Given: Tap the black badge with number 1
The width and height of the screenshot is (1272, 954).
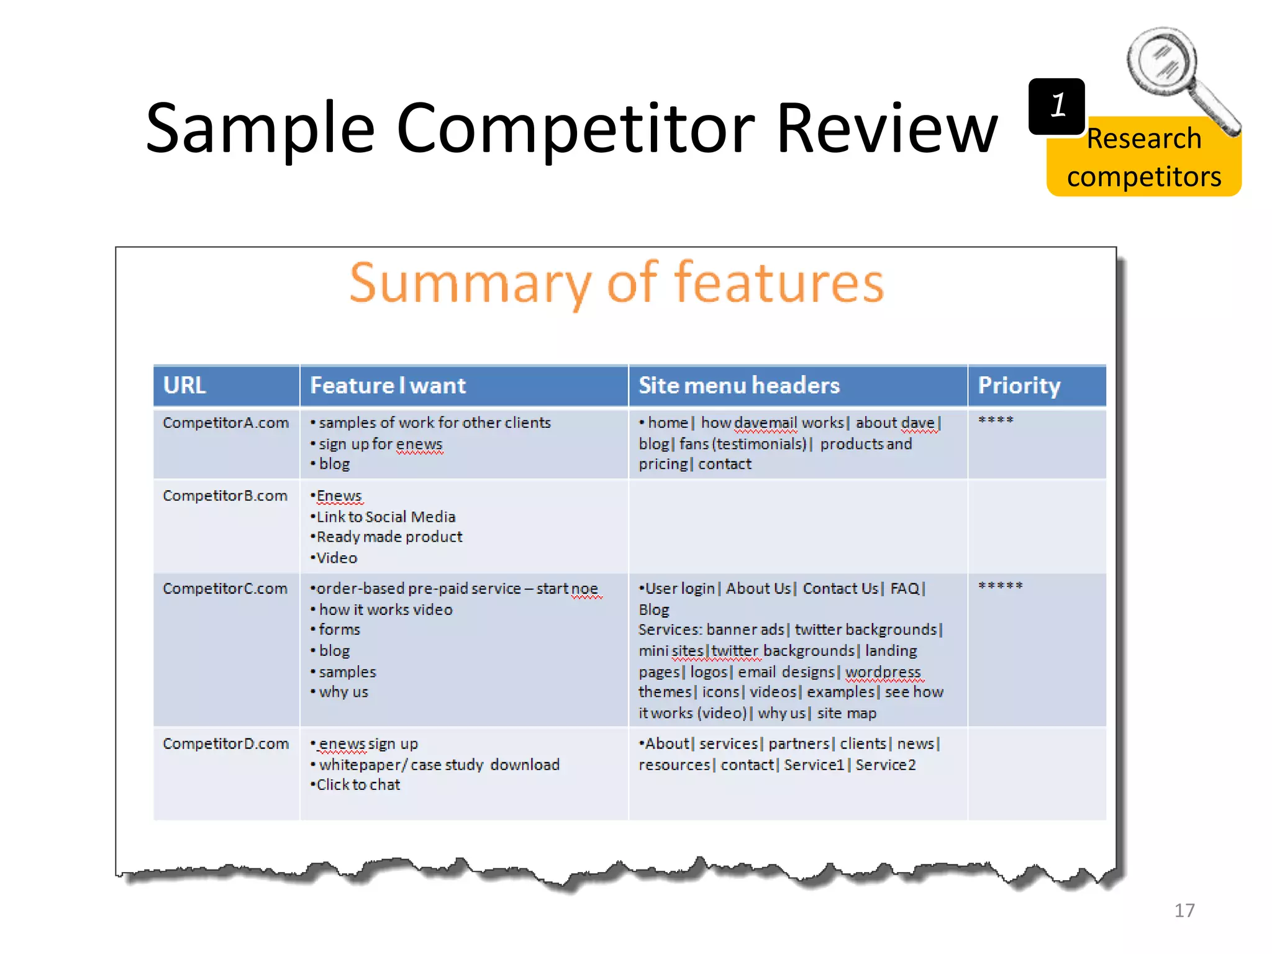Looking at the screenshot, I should point(1056,106).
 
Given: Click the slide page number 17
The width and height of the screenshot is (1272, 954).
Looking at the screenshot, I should point(1184,911).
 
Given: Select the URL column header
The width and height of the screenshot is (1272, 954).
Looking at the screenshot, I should point(184,385).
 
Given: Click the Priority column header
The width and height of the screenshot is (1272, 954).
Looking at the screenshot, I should point(1019,385).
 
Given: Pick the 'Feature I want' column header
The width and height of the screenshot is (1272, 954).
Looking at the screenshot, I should point(388,385).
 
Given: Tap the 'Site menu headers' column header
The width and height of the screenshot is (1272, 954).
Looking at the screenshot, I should point(739,385).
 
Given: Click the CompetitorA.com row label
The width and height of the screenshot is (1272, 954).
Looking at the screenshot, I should point(226,423).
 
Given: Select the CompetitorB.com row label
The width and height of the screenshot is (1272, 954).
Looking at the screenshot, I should point(225,496).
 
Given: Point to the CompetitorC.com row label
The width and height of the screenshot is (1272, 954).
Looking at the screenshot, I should point(225,588).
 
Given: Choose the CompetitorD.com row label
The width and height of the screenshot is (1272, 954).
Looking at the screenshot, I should point(226,743).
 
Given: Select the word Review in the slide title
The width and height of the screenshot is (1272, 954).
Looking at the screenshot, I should point(887,129).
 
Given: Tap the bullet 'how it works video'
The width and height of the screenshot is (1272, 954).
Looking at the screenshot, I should point(386,610).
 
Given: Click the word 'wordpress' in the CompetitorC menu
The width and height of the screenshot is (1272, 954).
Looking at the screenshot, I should point(883,672).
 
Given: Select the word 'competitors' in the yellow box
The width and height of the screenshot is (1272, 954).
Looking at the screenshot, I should point(1144,177).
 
